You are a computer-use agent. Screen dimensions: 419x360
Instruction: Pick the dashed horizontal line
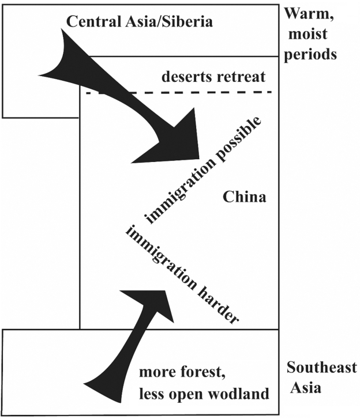tap(179, 92)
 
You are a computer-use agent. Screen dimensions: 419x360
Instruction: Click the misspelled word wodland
tap(245, 394)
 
